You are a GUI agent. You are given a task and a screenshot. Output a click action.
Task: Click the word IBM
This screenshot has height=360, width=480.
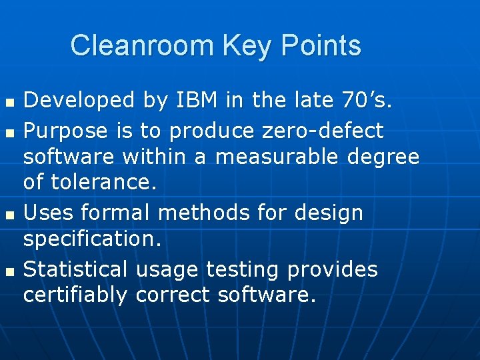pos(199,101)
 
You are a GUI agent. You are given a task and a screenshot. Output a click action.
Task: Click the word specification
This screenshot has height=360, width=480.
pos(92,239)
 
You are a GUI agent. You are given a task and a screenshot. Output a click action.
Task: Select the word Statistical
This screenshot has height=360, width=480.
pos(75,269)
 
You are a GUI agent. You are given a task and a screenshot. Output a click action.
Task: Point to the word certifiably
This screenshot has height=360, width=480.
pos(75,295)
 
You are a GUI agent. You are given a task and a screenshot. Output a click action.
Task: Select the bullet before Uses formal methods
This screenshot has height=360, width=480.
pos(9,215)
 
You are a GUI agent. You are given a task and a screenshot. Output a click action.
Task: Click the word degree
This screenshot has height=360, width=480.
pos(389,157)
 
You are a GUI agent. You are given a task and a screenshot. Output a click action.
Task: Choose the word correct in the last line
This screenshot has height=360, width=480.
pos(173,295)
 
